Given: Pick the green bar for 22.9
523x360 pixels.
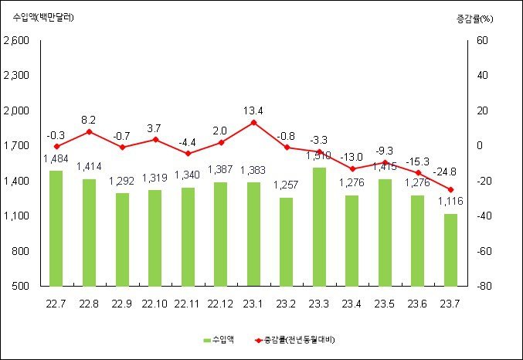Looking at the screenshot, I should (122, 239).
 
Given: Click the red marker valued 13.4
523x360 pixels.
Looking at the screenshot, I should (253, 122).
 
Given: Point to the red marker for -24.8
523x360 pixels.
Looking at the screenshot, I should (450, 189).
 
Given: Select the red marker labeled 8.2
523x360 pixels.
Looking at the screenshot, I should (89, 131).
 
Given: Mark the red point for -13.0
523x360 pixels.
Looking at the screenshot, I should (351, 168).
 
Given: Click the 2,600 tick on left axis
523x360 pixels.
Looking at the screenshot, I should (16, 41).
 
